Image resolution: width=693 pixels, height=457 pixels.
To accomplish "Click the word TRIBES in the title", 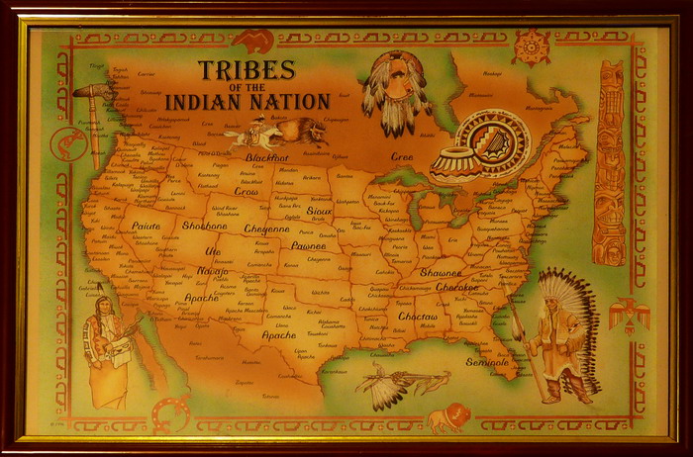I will (x=246, y=70).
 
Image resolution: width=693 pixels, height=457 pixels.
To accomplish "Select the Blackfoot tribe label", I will (x=266, y=158).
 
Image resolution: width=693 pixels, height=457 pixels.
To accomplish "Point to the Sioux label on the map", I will (x=320, y=212).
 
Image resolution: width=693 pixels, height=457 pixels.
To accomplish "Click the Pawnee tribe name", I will (x=309, y=245).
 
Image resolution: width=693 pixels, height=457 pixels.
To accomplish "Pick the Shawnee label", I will (x=440, y=272).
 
